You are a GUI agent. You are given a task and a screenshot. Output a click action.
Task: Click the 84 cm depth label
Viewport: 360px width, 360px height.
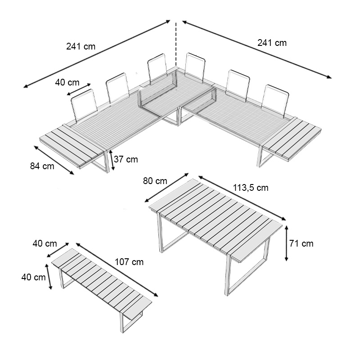(x=42, y=166)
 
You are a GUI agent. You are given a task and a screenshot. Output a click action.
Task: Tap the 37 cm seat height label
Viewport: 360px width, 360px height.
(x=126, y=159)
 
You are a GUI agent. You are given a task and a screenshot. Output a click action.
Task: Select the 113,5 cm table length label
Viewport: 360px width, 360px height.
(x=251, y=188)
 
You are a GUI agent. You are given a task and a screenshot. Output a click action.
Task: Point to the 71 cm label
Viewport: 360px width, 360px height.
(x=301, y=243)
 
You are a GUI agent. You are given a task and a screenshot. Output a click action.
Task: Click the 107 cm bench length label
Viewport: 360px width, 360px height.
(x=129, y=262)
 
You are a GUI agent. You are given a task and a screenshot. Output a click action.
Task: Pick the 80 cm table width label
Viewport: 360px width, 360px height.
(x=155, y=181)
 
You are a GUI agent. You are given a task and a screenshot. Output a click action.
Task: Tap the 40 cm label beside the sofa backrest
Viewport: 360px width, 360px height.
(x=67, y=82)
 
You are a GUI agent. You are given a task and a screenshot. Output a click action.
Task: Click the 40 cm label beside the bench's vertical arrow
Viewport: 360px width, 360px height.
(x=33, y=277)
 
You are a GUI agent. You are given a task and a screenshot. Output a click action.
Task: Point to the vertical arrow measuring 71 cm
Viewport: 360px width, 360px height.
(x=287, y=243)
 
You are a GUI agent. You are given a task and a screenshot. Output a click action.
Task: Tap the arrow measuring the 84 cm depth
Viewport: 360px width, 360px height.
(x=54, y=160)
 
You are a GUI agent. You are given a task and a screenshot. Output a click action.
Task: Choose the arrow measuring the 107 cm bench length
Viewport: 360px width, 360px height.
(x=117, y=270)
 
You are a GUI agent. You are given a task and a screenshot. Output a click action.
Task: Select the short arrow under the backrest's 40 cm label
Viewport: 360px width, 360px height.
(x=79, y=89)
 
